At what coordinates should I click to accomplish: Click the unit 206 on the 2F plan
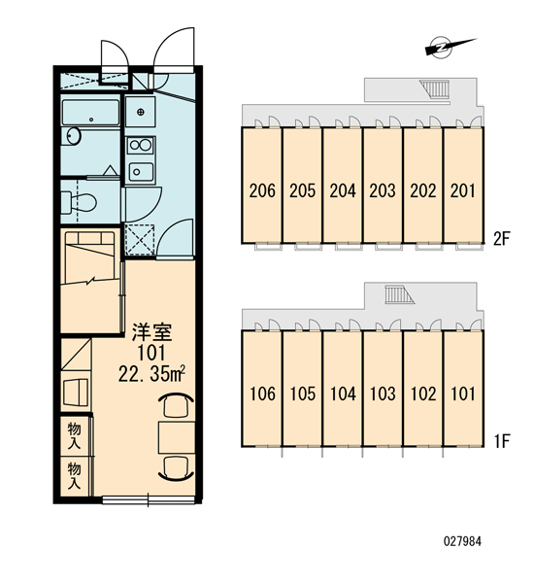[x=261, y=186]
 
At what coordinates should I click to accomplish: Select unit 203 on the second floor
[x=383, y=186]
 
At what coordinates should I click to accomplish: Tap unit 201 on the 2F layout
[x=463, y=186]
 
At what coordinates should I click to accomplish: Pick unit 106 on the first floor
[x=261, y=389]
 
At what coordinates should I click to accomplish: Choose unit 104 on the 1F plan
[x=343, y=389]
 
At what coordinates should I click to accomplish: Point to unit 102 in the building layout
[x=423, y=389]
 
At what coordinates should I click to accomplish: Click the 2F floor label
[x=501, y=239]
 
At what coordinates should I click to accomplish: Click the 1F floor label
[x=501, y=441]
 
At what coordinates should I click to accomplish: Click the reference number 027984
[x=462, y=541]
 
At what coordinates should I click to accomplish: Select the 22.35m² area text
[x=151, y=374]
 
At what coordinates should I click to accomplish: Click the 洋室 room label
[x=152, y=332]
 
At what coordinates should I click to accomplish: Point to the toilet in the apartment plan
[x=78, y=203]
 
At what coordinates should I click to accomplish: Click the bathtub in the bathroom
[x=90, y=113]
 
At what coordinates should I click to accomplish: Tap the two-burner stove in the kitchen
[x=140, y=145]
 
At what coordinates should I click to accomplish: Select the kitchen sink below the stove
[x=141, y=172]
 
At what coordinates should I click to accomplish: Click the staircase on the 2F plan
[x=436, y=88]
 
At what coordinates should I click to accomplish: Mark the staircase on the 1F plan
[x=399, y=294]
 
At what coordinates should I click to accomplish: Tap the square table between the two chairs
[x=177, y=437]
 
